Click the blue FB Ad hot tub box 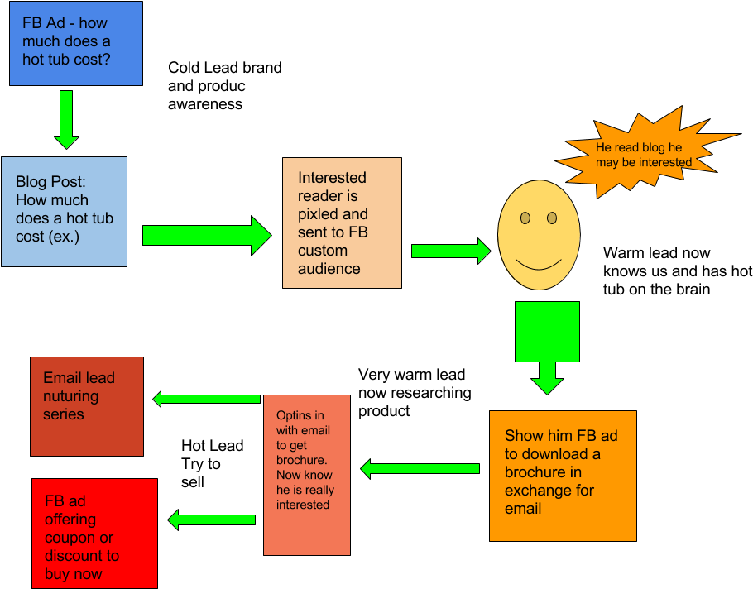coord(75,43)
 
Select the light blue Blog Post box coord(64,212)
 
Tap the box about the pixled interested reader coord(342,223)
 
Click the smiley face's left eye coord(525,218)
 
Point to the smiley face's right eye coord(552,218)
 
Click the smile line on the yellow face coord(538,266)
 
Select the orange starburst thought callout coord(644,154)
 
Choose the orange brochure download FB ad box coord(563,476)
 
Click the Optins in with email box coord(306,475)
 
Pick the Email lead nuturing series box coord(87,406)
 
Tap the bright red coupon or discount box coord(94,534)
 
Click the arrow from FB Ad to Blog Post coord(66,119)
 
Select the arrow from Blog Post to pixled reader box coord(206,236)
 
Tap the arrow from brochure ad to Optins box coord(420,469)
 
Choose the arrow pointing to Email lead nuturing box coord(207,399)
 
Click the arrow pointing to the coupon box coord(212,520)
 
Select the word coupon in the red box coord(72,538)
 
